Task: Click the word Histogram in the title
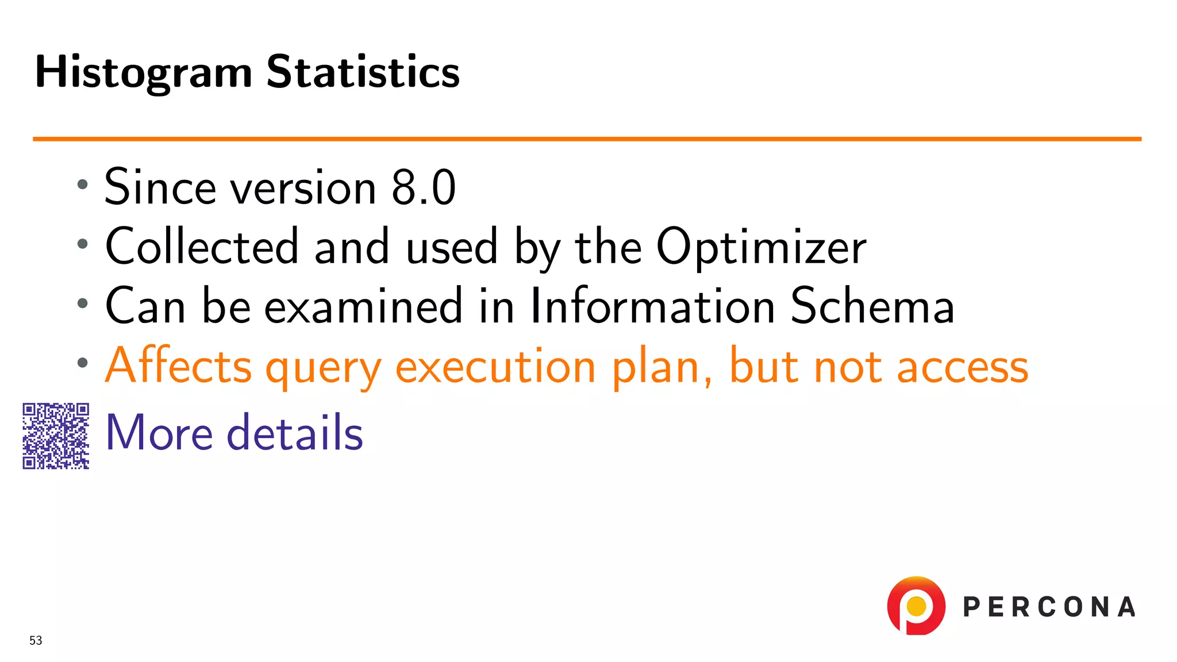[x=144, y=73]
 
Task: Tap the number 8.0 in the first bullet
[x=424, y=187]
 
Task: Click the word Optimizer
[x=761, y=247]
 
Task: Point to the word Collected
[x=202, y=247]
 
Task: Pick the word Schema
[x=872, y=306]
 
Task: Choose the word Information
[x=653, y=306]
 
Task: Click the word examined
[x=363, y=306]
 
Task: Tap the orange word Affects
[x=179, y=365]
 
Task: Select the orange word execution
[x=495, y=367]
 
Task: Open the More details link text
[x=234, y=432]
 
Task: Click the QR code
[x=56, y=436]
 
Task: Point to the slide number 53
[x=36, y=640]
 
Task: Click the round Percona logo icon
[x=916, y=606]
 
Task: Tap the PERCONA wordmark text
[x=1049, y=607]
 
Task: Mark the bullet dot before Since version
[x=83, y=184]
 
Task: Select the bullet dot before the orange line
[x=83, y=363]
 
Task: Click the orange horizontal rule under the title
[x=586, y=138]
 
